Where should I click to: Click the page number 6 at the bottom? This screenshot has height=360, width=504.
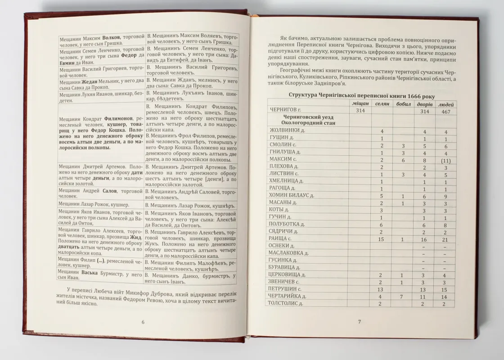tap(143, 322)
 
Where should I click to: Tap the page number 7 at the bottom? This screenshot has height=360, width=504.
tap(359, 321)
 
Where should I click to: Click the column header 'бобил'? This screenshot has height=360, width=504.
tap(403, 104)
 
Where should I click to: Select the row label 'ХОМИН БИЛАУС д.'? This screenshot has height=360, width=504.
tap(291, 196)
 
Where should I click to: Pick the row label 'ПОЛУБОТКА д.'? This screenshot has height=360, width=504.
tap(287, 224)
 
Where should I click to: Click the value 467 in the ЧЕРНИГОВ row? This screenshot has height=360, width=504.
tap(445, 111)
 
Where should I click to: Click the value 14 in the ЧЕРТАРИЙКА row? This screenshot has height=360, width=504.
tap(445, 297)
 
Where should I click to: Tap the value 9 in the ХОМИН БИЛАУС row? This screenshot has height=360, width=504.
tap(445, 196)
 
